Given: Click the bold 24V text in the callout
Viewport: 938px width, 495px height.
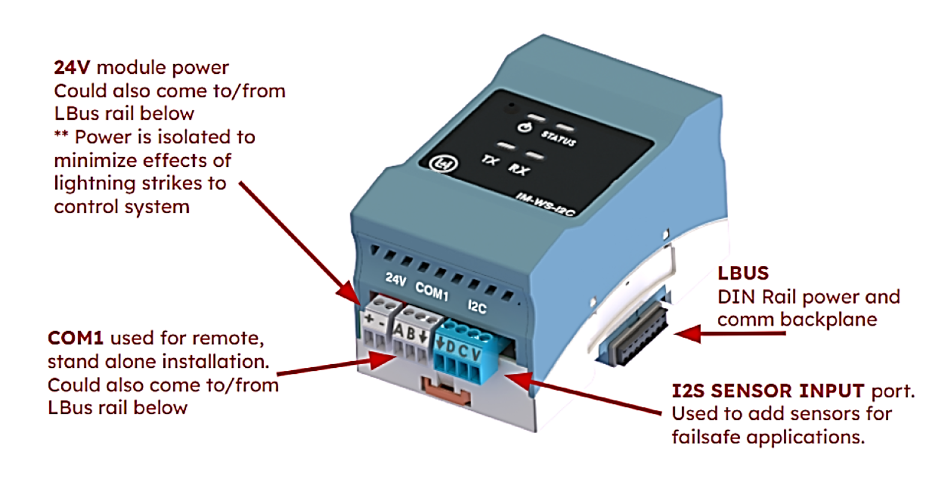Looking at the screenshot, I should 72,67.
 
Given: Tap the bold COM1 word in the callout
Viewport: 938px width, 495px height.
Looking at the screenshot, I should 75,338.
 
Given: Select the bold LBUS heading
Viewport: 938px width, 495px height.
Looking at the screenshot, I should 743,274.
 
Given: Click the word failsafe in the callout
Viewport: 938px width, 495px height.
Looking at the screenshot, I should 706,437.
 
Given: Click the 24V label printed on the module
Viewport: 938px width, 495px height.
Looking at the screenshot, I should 396,278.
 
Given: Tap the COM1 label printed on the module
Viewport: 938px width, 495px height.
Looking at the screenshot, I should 432,291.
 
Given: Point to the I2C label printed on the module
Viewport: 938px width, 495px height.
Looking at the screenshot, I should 477,307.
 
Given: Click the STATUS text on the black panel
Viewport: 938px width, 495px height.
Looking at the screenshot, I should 558,138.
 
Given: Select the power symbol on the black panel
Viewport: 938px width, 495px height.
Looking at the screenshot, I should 524,127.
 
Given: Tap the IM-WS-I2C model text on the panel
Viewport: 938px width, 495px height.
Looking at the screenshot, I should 546,203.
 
